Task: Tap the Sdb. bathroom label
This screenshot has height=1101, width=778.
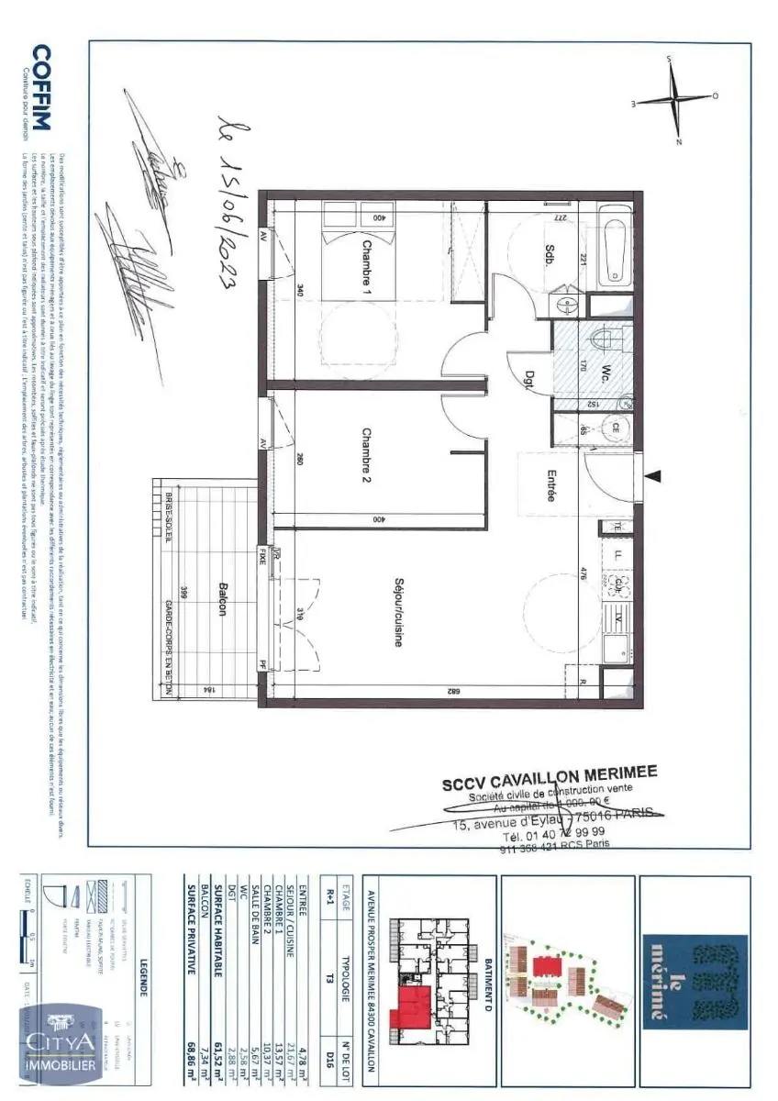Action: point(549,254)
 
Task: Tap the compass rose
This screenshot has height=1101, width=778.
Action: point(676,98)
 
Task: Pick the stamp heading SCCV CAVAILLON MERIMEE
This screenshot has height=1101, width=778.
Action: point(549,778)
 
